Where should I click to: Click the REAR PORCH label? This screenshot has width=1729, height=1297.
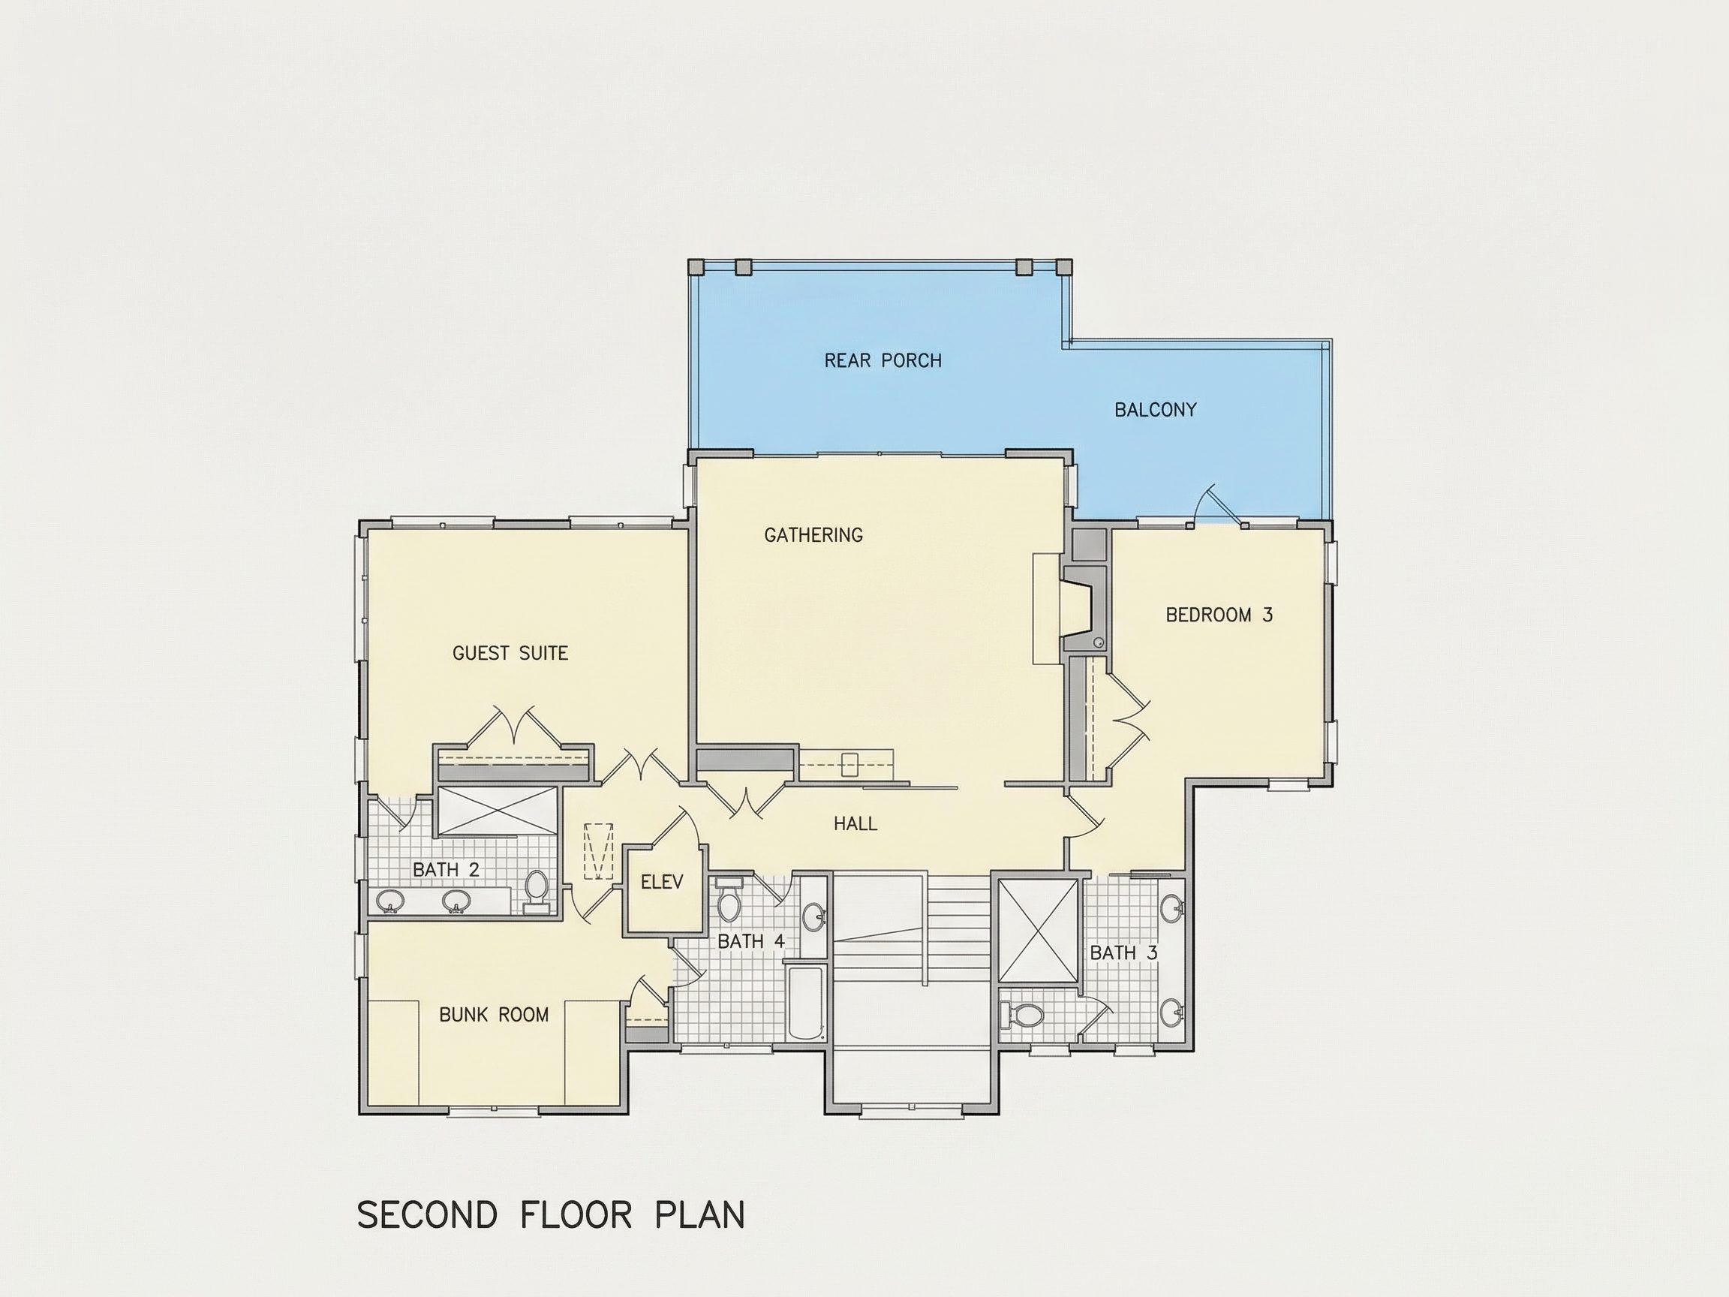pyautogui.click(x=883, y=360)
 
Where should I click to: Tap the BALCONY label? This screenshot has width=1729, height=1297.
pyautogui.click(x=1155, y=410)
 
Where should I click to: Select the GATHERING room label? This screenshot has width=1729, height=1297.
pyautogui.click(x=813, y=534)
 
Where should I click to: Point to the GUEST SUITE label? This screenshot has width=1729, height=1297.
pyautogui.click(x=510, y=653)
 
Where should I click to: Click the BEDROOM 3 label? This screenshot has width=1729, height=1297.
pyautogui.click(x=1219, y=615)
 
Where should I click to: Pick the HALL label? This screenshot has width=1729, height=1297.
pyautogui.click(x=855, y=823)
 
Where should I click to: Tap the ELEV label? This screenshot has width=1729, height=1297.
pyautogui.click(x=662, y=882)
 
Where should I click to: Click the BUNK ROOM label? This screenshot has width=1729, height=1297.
pyautogui.click(x=494, y=1015)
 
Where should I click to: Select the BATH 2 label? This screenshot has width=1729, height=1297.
pyautogui.click(x=446, y=869)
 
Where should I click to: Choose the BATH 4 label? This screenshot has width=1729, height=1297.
pyautogui.click(x=750, y=941)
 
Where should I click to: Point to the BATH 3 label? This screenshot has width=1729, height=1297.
pyautogui.click(x=1123, y=953)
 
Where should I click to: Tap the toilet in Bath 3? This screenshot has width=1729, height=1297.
pyautogui.click(x=1022, y=1016)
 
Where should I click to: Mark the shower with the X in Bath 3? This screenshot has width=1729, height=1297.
pyautogui.click(x=1039, y=930)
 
